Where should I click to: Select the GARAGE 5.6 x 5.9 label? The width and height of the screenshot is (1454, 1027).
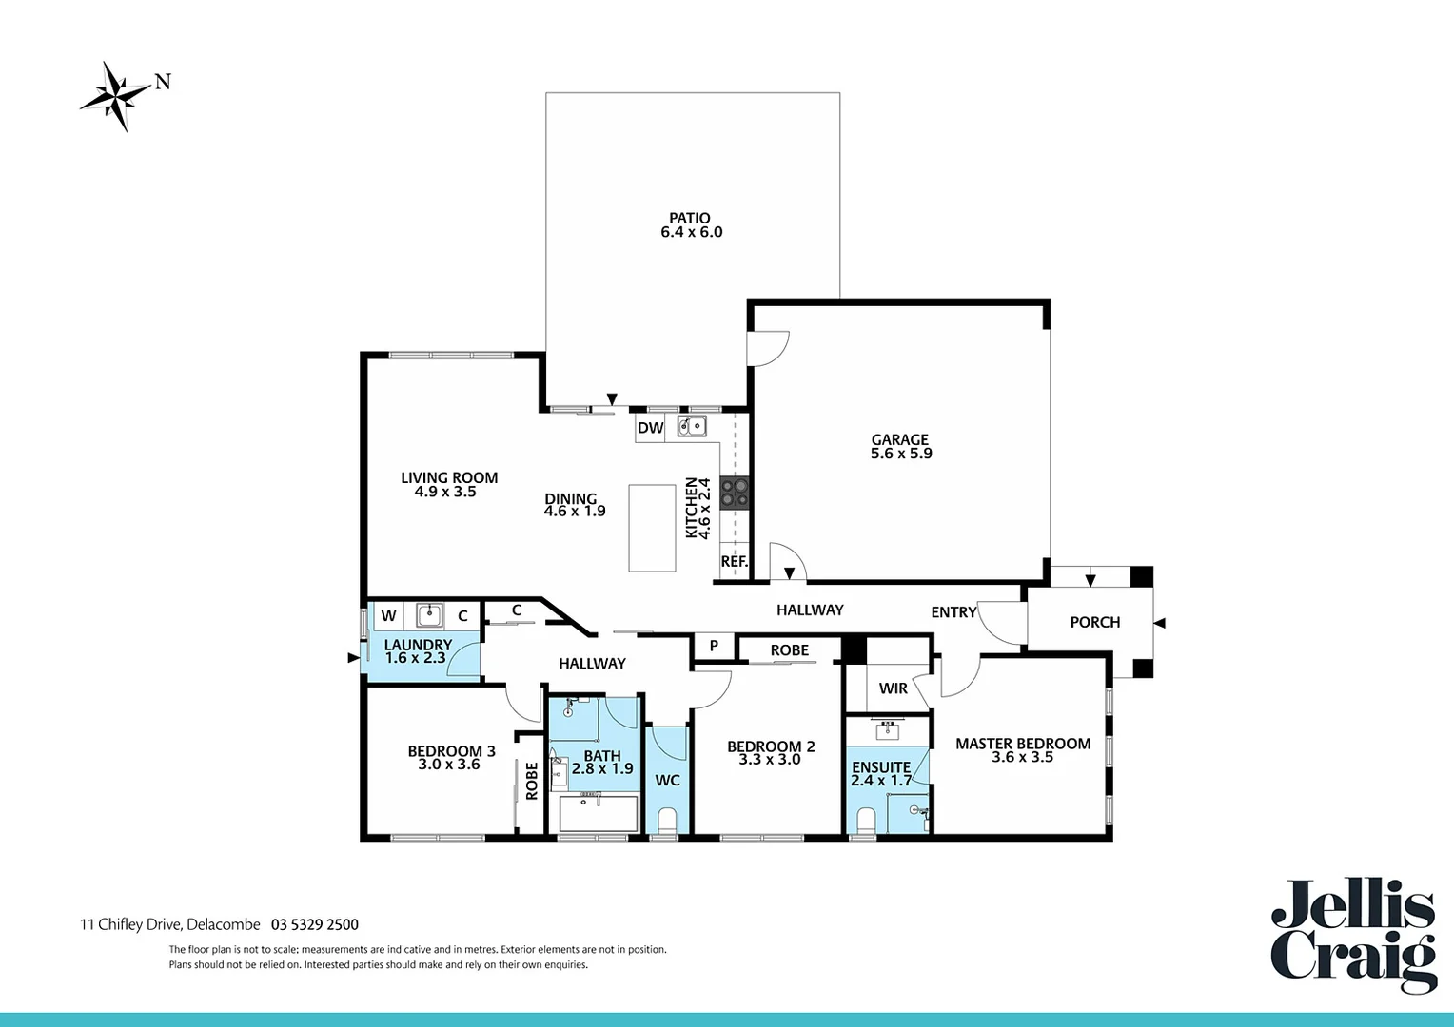click(900, 446)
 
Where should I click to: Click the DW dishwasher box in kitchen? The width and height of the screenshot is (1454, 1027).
click(651, 428)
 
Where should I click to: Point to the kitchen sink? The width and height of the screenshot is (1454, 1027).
click(692, 426)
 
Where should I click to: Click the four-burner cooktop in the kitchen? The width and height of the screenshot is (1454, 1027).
click(735, 492)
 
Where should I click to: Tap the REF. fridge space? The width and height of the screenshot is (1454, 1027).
click(734, 561)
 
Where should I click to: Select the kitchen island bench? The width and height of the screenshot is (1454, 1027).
click(653, 528)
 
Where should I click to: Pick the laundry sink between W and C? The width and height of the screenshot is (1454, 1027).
click(430, 615)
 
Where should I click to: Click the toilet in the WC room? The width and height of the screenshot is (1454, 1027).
click(667, 819)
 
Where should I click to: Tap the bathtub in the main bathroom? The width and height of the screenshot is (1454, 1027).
click(598, 814)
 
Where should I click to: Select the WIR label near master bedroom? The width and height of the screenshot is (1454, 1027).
click(893, 688)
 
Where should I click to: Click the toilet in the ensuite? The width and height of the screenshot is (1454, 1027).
click(866, 819)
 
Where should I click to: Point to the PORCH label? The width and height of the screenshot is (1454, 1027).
click(1094, 622)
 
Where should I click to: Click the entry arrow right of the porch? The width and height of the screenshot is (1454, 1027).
click(1159, 623)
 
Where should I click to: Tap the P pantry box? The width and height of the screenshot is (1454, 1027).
click(714, 647)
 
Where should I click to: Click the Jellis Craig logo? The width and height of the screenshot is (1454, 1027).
click(1353, 936)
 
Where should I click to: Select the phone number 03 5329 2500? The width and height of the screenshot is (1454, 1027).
click(315, 924)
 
